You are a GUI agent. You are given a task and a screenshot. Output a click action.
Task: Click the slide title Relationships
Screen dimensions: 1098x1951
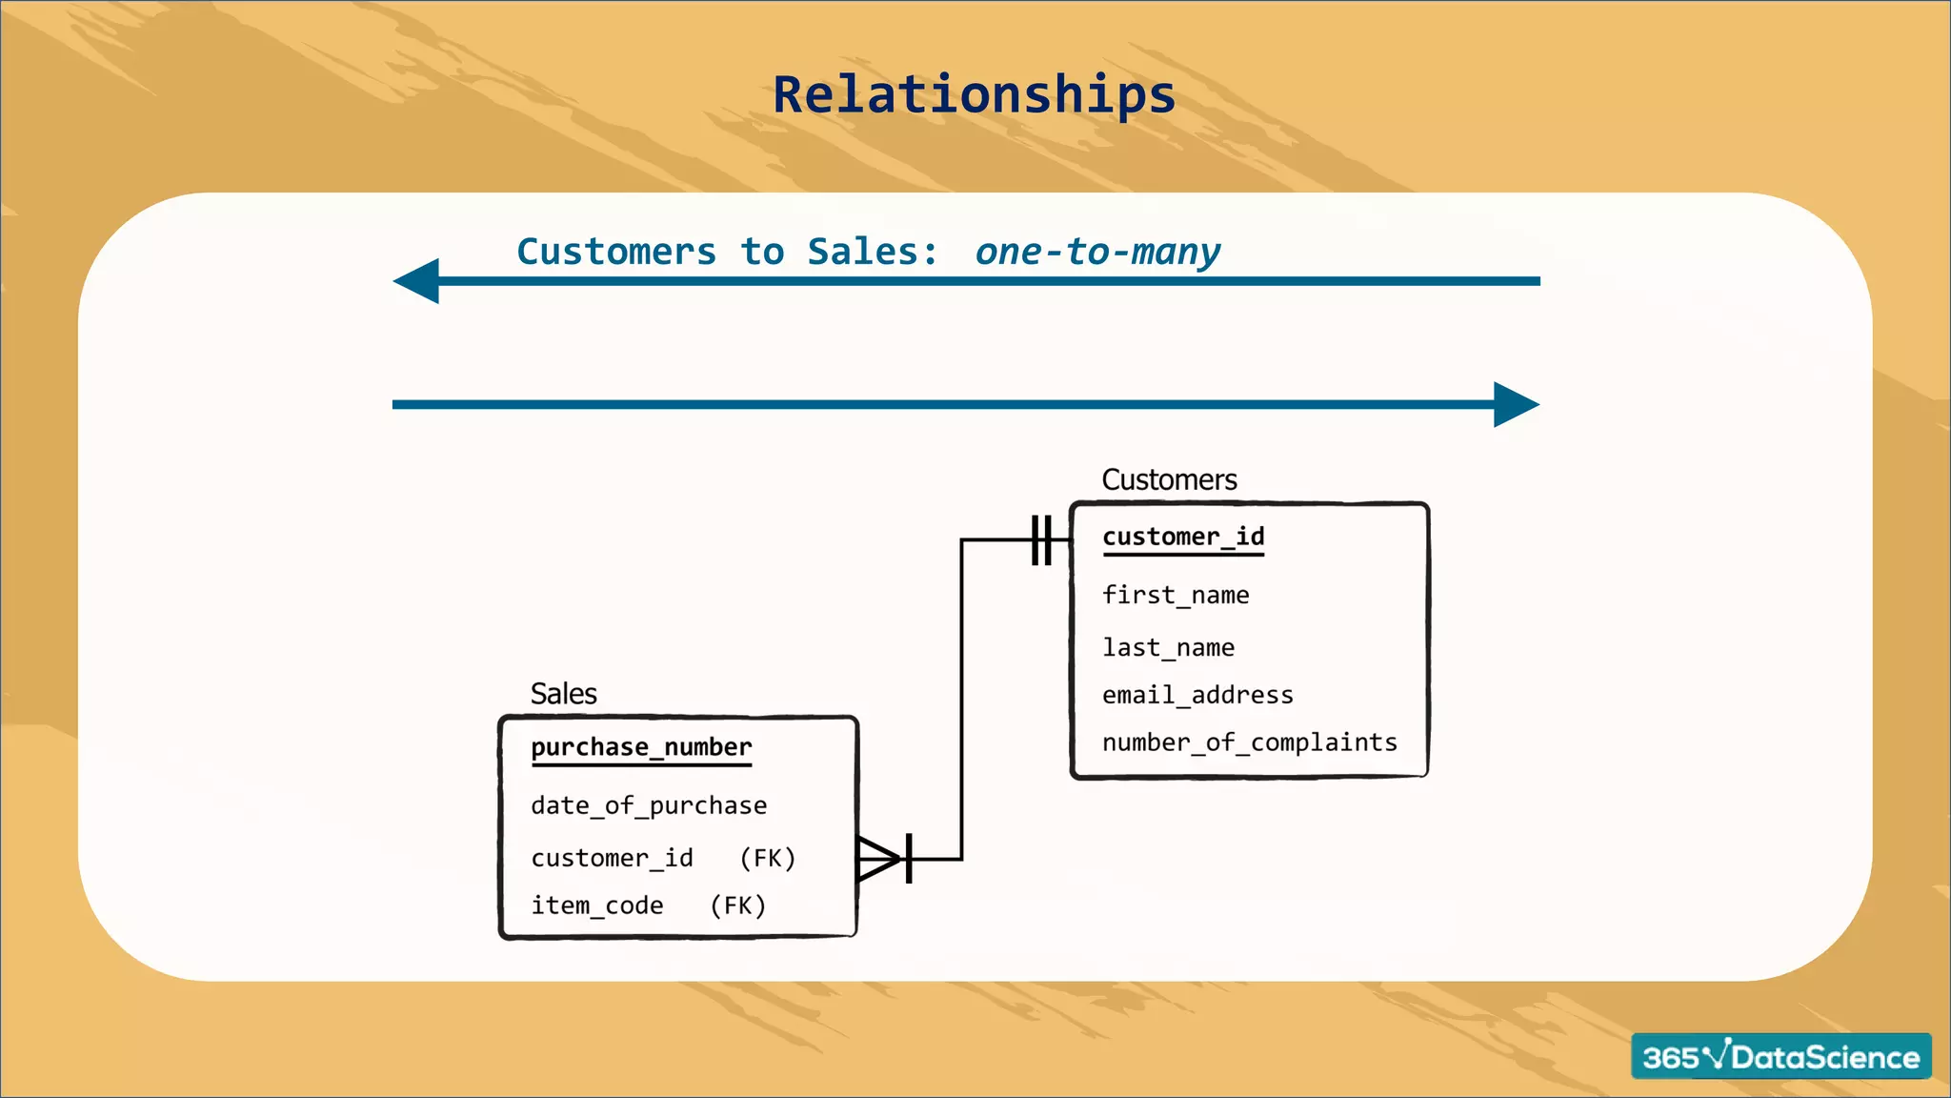[x=974, y=95]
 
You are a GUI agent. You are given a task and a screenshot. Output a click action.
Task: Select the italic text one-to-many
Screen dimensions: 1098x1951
[x=1096, y=253]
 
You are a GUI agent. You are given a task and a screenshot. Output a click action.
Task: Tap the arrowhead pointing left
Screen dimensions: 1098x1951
[x=417, y=281]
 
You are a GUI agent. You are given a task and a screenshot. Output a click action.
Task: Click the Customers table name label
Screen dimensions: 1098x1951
[x=1169, y=479]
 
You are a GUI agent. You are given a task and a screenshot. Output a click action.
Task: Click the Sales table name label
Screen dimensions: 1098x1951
[x=563, y=694]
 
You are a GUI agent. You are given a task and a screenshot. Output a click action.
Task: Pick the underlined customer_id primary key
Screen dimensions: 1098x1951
[x=1183, y=538]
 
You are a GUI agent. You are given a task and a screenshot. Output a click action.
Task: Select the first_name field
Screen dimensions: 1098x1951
[x=1175, y=596]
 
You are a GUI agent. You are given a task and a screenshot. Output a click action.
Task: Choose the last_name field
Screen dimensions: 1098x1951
[x=1168, y=648]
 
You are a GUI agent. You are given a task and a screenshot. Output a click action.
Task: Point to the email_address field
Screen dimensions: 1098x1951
[x=1197, y=696]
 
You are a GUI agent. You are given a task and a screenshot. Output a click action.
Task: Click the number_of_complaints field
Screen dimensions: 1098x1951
[x=1249, y=742]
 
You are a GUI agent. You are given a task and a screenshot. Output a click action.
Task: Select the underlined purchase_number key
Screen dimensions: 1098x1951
[x=641, y=748]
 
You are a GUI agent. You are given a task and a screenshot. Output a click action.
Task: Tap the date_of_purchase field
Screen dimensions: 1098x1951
[x=649, y=806]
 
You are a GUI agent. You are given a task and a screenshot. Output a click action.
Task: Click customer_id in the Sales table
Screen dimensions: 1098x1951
[x=612, y=859]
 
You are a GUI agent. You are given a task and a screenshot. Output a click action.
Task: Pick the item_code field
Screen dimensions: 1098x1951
[x=596, y=905]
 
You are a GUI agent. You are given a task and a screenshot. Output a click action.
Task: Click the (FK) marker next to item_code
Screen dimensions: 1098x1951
[x=738, y=905]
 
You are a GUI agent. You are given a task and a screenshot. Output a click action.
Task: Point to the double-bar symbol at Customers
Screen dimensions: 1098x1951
[x=1042, y=540]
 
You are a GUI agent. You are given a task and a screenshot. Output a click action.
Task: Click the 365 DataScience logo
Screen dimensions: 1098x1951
[x=1780, y=1056]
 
